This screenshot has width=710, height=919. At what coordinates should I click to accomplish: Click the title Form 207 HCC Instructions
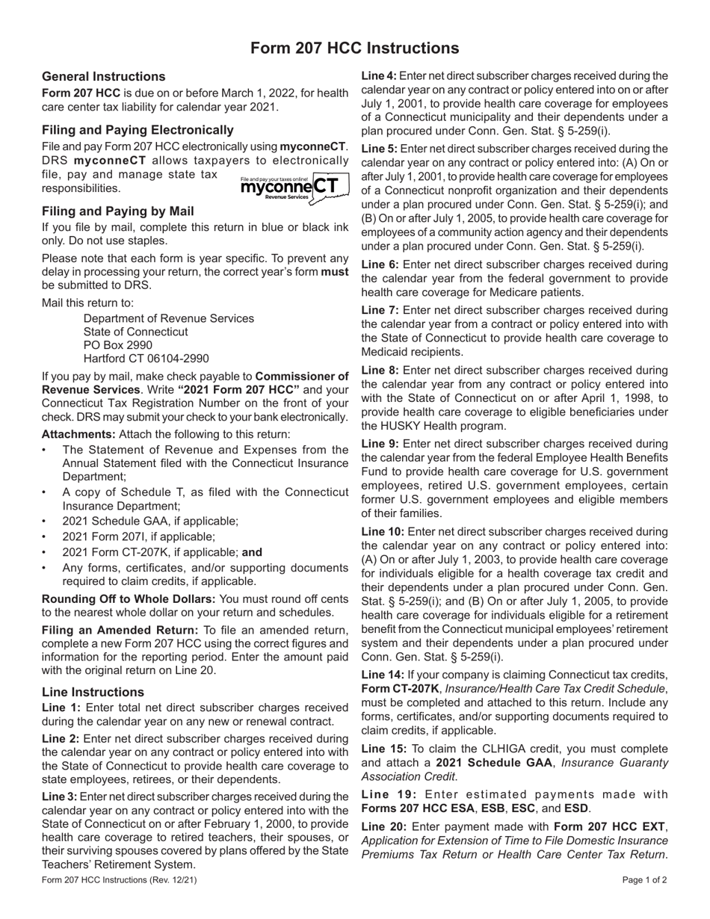[354, 49]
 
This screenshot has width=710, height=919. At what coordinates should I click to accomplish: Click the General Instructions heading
[104, 76]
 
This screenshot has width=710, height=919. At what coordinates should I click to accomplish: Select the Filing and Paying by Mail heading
[118, 211]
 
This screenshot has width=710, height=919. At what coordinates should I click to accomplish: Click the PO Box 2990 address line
[118, 345]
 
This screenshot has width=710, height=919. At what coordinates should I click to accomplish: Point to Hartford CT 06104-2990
[146, 359]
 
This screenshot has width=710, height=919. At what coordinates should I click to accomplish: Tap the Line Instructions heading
[93, 692]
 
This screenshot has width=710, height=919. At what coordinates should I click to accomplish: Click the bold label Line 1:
[62, 708]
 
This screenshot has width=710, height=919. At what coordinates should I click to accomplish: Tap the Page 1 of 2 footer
[644, 880]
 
